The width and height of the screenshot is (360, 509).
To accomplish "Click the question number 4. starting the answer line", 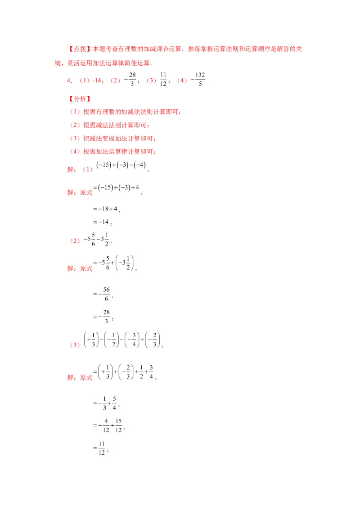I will pos(69,81).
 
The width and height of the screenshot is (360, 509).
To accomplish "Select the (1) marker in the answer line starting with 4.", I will pos(84,81).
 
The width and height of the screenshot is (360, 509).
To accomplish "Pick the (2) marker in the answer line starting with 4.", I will pos(116,81).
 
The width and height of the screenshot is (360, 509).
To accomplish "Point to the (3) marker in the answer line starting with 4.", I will pos(152,81).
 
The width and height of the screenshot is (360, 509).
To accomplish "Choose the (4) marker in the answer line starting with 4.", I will pos(182,81).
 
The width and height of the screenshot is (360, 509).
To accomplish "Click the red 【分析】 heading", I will pos(80,98).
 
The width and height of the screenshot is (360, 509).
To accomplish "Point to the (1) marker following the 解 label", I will pos(88,170).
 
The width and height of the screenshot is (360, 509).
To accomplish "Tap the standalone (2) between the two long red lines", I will pos(75,241).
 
